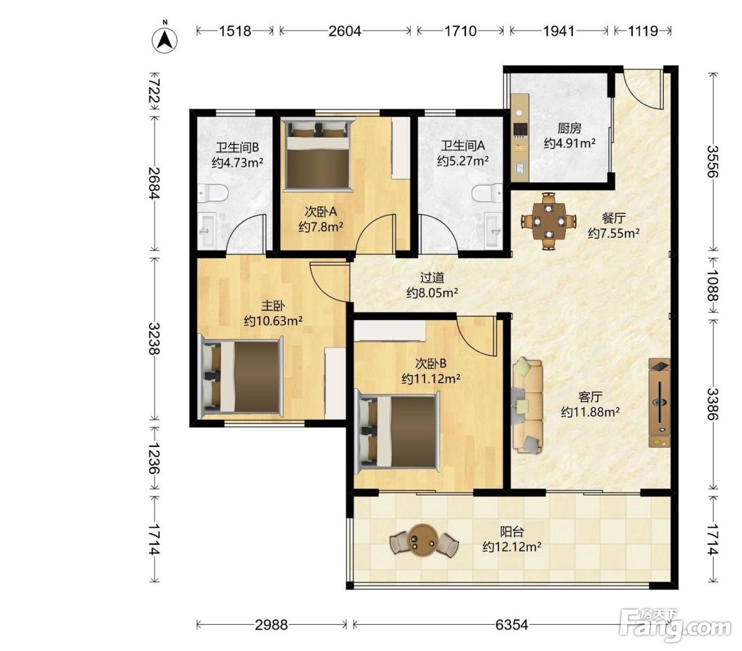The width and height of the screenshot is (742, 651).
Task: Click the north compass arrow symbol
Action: pos(165,39)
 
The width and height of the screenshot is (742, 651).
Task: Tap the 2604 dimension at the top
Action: pos(345,31)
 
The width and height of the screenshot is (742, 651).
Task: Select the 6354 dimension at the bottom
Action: pos(511,625)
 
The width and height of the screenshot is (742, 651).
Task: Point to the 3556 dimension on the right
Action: pos(713,161)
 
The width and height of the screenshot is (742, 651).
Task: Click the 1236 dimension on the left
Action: pos(154,458)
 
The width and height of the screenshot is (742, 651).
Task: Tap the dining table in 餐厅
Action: pos(549,221)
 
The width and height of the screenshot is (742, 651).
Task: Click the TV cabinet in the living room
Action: pos(659,403)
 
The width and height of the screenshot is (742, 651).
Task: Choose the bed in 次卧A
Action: pos(318,155)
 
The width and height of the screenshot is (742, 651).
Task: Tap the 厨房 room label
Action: pos(569,128)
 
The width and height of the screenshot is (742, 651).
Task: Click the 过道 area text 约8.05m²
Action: pos(432,293)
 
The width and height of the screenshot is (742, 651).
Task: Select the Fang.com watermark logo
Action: pos(675,624)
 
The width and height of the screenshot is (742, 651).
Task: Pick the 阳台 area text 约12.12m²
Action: pos(511,547)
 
